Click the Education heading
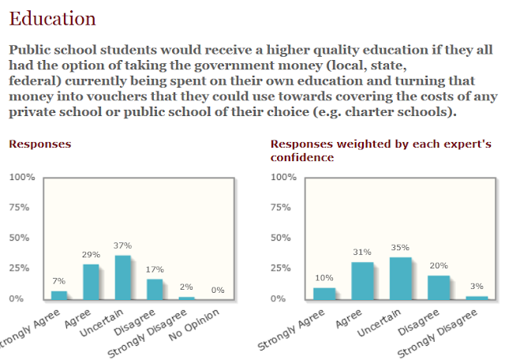[53, 17]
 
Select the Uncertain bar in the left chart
[123, 277]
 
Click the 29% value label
[91, 255]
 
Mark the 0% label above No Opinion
[218, 291]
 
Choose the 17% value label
[155, 269]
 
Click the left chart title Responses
[39, 144]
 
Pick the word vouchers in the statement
[104, 96]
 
